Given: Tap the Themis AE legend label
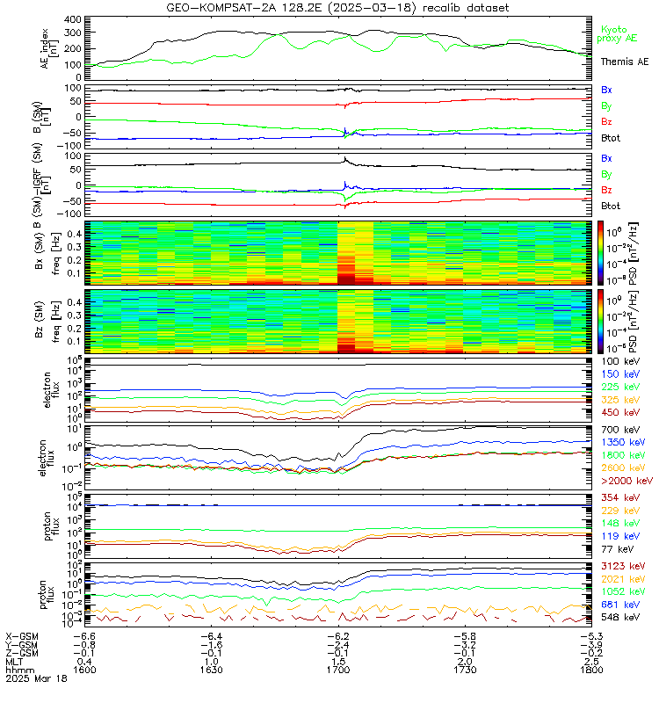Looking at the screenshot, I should [624, 62].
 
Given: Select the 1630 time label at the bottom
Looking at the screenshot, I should [212, 670].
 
